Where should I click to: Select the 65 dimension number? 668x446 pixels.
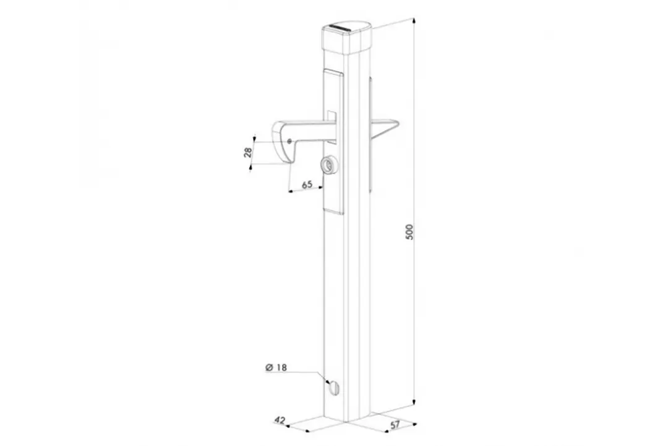click(307, 185)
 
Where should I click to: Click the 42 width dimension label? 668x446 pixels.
click(280, 421)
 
